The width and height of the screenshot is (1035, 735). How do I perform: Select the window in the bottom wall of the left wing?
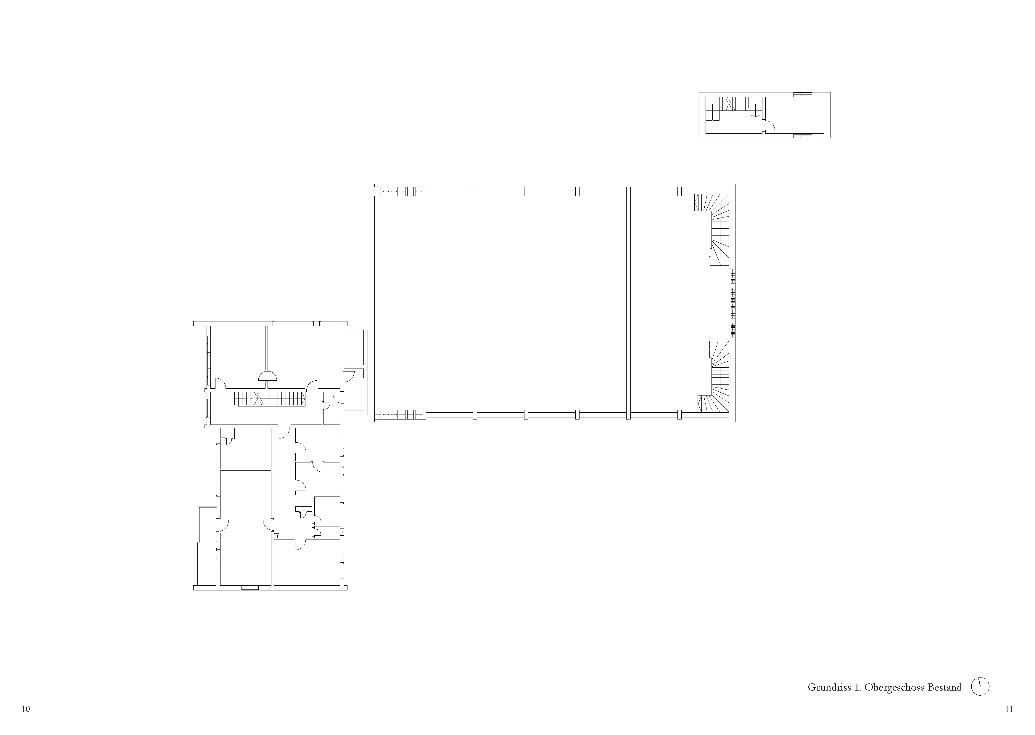tap(250, 588)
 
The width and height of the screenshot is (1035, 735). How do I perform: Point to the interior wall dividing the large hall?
tap(628, 303)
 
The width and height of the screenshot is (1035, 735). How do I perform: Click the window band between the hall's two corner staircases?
tap(732, 303)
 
